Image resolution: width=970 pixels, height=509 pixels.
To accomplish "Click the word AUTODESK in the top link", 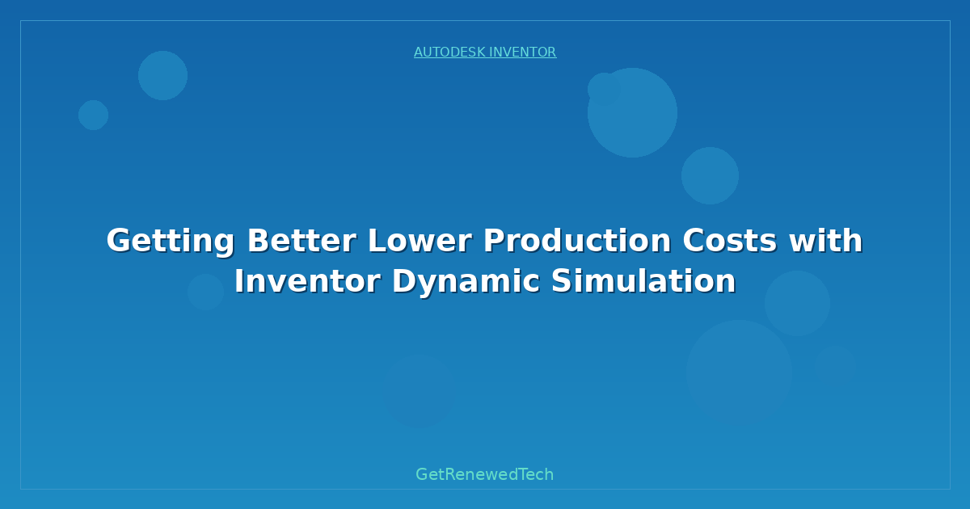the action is coord(449,52).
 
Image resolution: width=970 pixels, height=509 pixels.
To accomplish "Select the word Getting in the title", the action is coord(171,242).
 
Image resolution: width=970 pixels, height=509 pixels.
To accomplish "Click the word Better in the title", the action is coord(302,240).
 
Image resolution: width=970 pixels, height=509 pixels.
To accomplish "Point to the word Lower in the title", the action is coord(420,240).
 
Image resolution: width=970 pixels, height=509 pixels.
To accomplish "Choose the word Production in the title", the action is coord(577,240).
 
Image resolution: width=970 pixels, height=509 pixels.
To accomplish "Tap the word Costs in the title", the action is coord(730,240).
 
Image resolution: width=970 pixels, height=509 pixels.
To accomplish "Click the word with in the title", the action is coord(826,240).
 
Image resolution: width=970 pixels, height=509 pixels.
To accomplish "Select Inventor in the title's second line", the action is coord(307,281).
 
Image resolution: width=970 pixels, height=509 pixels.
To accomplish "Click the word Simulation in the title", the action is coord(644,281).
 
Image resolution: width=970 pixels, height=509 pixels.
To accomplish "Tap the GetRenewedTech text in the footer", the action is coord(484,474).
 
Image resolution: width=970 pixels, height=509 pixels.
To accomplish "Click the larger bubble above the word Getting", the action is coord(162,76).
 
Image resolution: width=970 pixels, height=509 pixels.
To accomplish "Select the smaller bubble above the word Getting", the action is coord(93,115).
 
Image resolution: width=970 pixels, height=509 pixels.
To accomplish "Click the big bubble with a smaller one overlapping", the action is coord(632,113).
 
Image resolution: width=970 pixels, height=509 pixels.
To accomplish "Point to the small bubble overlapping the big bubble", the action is coord(604,89).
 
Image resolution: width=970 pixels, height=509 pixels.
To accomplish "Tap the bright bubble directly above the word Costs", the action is coord(711,176).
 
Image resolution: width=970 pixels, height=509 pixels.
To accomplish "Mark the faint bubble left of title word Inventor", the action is coord(205,292).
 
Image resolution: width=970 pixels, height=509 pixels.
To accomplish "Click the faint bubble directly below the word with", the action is coord(797,304).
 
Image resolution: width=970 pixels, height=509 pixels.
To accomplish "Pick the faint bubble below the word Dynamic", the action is coord(420,391).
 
